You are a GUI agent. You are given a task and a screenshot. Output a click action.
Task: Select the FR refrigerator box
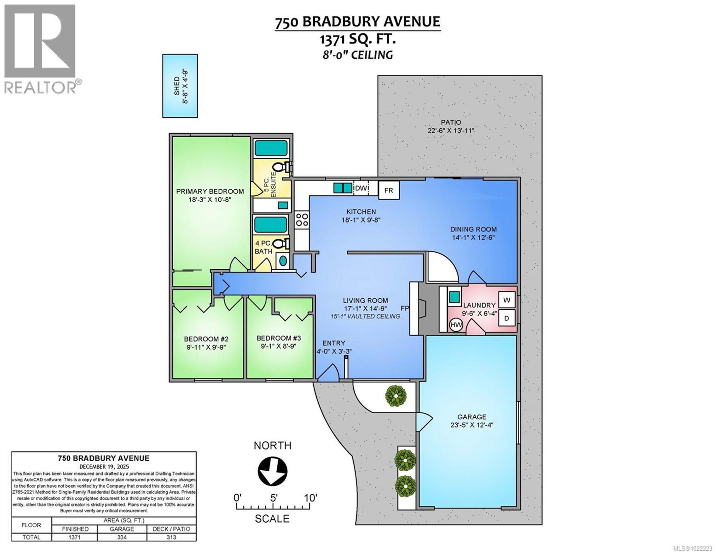[389, 190]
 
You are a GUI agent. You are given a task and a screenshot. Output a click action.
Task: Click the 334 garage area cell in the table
[122, 537]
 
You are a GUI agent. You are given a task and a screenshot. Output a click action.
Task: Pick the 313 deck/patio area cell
[171, 537]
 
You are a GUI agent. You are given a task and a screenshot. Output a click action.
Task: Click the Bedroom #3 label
[279, 338]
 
